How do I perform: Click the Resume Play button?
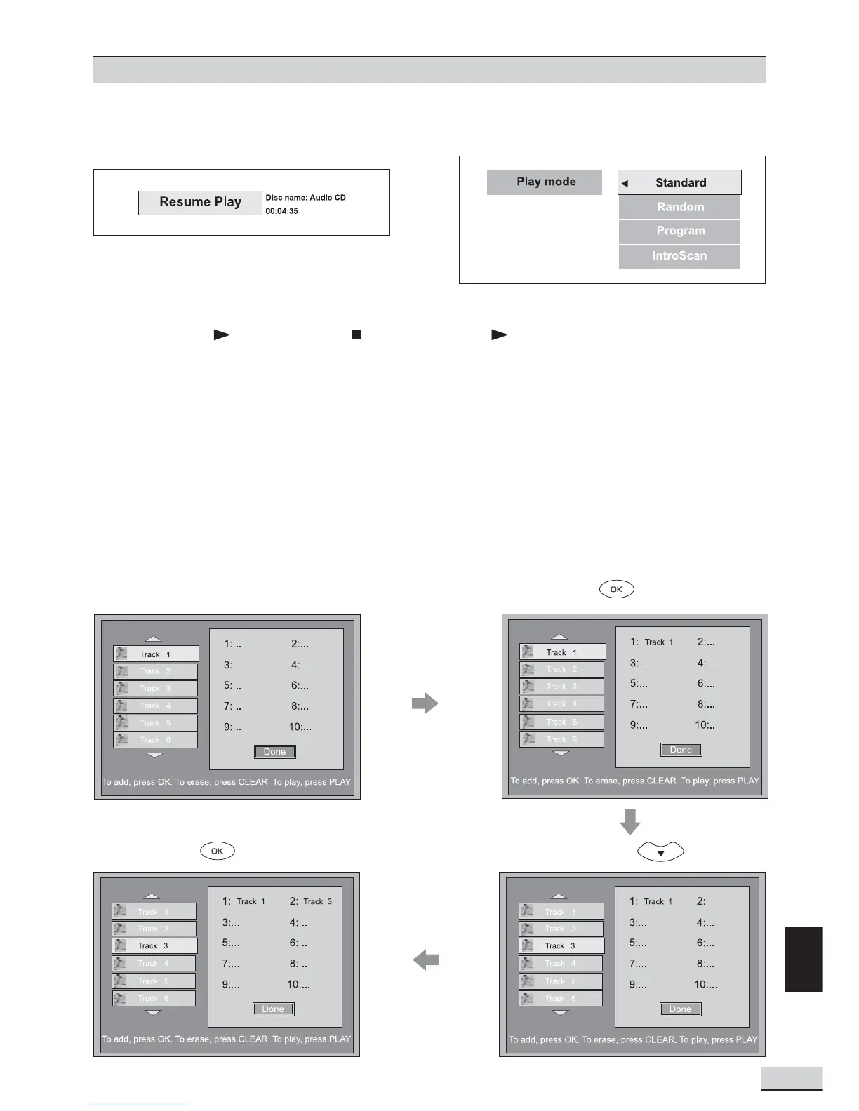[200, 203]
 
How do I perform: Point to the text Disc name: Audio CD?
[305, 198]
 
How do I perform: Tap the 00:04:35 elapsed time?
[281, 211]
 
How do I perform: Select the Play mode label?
[545, 182]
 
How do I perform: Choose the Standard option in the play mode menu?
[680, 183]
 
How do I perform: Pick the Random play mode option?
[679, 207]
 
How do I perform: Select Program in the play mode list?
[679, 231]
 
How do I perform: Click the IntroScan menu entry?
[679, 256]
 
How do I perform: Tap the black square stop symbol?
[357, 335]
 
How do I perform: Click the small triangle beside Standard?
[625, 184]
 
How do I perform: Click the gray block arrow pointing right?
[425, 703]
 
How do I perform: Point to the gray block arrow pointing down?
[630, 821]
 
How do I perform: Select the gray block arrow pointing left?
[426, 959]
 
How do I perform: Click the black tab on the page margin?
[803, 959]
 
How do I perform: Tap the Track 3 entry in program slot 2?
[317, 902]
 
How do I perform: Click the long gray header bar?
[429, 70]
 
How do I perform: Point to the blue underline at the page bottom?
[139, 1105]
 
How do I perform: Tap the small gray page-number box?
[791, 1078]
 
